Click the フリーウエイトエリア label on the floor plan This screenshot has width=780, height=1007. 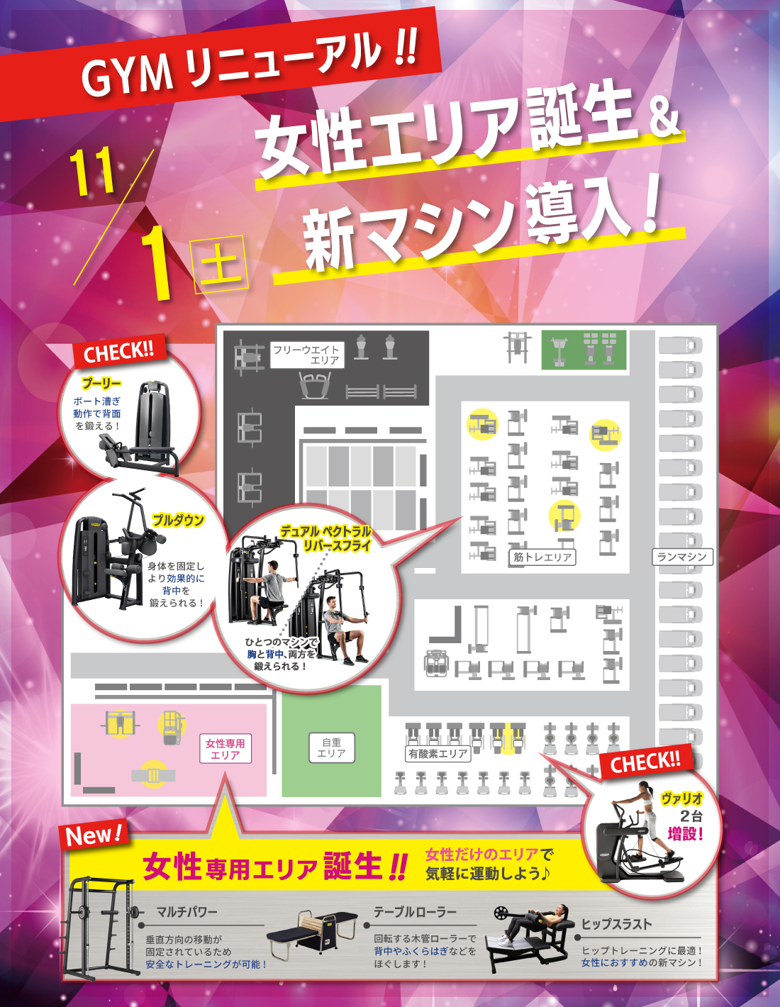click(307, 355)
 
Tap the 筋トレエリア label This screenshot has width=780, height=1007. click(542, 557)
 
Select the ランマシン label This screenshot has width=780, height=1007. click(682, 557)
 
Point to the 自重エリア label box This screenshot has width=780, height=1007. click(332, 747)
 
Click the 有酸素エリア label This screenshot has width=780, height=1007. click(438, 754)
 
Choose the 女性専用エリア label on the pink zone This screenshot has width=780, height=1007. click(225, 748)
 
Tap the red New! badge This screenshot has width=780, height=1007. click(94, 834)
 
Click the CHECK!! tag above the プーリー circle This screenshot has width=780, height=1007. click(119, 352)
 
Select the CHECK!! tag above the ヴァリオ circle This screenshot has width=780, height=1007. click(645, 762)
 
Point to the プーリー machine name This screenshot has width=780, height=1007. click(101, 384)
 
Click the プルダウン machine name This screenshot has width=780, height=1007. click(178, 521)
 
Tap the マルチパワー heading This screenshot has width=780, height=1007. click(186, 913)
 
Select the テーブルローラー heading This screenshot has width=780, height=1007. click(415, 912)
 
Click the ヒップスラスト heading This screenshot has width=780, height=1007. click(616, 924)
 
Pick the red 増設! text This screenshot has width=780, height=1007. click(686, 835)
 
